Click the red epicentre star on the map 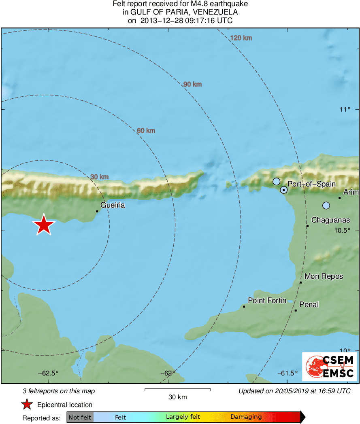(44, 225)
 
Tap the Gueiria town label (113, 206)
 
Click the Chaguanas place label (330, 220)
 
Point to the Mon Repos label (324, 276)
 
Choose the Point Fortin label (267, 301)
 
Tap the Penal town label (309, 305)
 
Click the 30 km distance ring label (99, 177)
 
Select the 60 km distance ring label (146, 131)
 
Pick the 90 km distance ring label (192, 85)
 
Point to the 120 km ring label (241, 38)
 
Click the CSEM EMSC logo (329, 367)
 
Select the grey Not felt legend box (80, 417)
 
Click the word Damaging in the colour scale (246, 417)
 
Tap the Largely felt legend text (183, 417)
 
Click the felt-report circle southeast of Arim (326, 206)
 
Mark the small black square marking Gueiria (97, 211)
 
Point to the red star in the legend (27, 405)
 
